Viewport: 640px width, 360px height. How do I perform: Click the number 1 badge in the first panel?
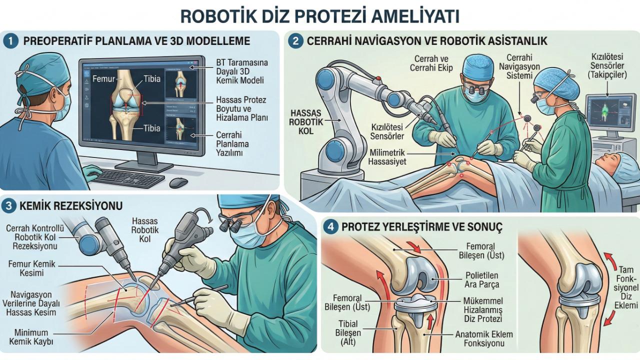[10, 41]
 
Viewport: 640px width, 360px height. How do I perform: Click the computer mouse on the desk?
[178, 182]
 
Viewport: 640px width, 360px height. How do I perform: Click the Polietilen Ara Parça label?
[481, 280]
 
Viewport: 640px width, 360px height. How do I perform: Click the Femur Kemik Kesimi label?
[32, 268]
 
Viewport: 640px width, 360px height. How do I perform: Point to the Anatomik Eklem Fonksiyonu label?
[483, 339]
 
